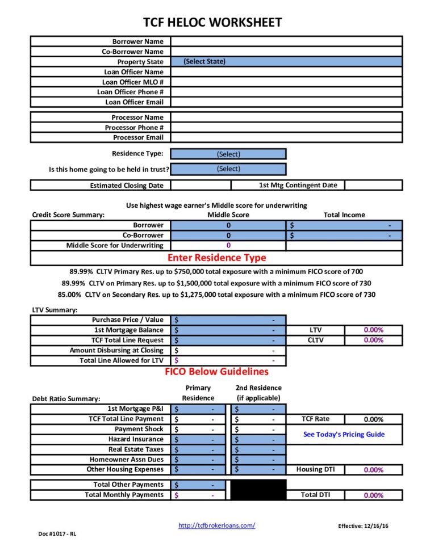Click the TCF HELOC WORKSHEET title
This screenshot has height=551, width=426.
pos(212,23)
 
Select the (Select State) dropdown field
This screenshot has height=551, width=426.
pos(286,62)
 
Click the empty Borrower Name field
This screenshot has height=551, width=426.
pos(286,41)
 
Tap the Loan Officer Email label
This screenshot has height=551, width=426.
pos(134,102)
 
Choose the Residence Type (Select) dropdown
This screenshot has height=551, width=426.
pos(228,154)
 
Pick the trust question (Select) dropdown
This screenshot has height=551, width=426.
pos(228,169)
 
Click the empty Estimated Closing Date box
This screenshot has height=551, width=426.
pos(201,185)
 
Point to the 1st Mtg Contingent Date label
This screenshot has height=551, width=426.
pos(298,185)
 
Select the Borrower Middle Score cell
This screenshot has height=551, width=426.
pos(228,225)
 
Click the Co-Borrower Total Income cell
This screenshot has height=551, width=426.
pos(344,235)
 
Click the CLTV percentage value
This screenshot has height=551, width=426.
pos(373,340)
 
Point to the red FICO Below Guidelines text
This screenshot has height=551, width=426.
pos(216,372)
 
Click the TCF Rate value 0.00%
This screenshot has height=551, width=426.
pos(373,419)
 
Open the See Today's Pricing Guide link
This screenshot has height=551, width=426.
pos(344,435)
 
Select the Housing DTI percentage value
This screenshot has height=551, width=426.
pos(373,470)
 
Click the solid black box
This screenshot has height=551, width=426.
pos(258,490)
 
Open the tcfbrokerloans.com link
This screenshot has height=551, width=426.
pos(216,525)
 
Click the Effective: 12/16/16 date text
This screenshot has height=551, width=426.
pos(363,526)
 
